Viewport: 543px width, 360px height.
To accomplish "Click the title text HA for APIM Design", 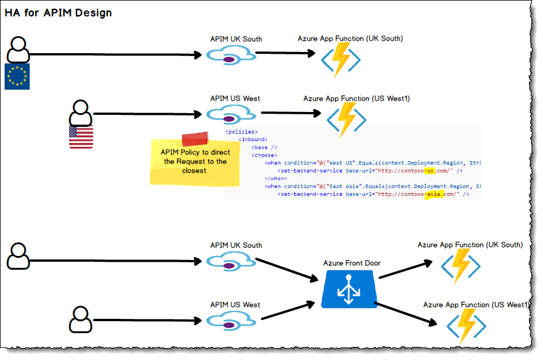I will click(58, 13).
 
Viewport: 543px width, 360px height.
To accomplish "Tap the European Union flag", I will click(17, 77).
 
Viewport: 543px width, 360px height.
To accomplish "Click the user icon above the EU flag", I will click(18, 50).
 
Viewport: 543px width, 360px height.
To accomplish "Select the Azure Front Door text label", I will click(352, 263).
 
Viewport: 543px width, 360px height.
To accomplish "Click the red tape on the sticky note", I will click(195, 139).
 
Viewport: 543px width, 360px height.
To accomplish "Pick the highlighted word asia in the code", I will click(433, 194).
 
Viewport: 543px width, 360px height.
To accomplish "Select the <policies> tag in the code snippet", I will click(242, 131).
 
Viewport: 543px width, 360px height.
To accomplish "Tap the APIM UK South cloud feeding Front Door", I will click(230, 261).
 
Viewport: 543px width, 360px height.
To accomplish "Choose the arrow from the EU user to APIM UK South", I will click(114, 55).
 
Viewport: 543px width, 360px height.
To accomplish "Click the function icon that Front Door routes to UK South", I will click(460, 266).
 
